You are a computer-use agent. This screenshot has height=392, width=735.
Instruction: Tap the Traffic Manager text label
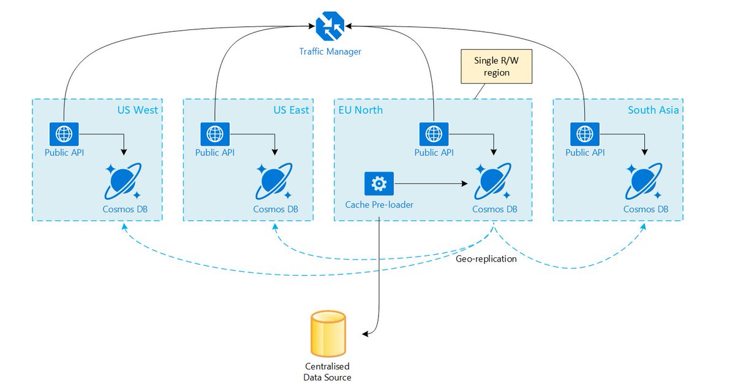pyautogui.click(x=330, y=51)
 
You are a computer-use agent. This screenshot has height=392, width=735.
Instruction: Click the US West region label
pyautogui.click(x=137, y=110)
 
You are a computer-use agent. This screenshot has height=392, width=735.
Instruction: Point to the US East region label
pyautogui.click(x=290, y=110)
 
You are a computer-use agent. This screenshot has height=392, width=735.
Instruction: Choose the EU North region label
pyautogui.click(x=361, y=110)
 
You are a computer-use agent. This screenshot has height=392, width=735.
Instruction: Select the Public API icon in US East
pyautogui.click(x=214, y=133)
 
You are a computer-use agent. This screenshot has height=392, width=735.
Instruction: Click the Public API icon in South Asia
pyautogui.click(x=584, y=133)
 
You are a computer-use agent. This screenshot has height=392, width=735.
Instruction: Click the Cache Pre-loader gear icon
pyautogui.click(x=379, y=183)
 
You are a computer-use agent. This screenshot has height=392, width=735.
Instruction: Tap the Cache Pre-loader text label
pyautogui.click(x=379, y=205)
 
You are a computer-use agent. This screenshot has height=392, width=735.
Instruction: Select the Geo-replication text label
pyautogui.click(x=486, y=259)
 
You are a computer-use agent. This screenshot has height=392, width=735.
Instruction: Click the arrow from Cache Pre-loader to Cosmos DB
pyautogui.click(x=432, y=183)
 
